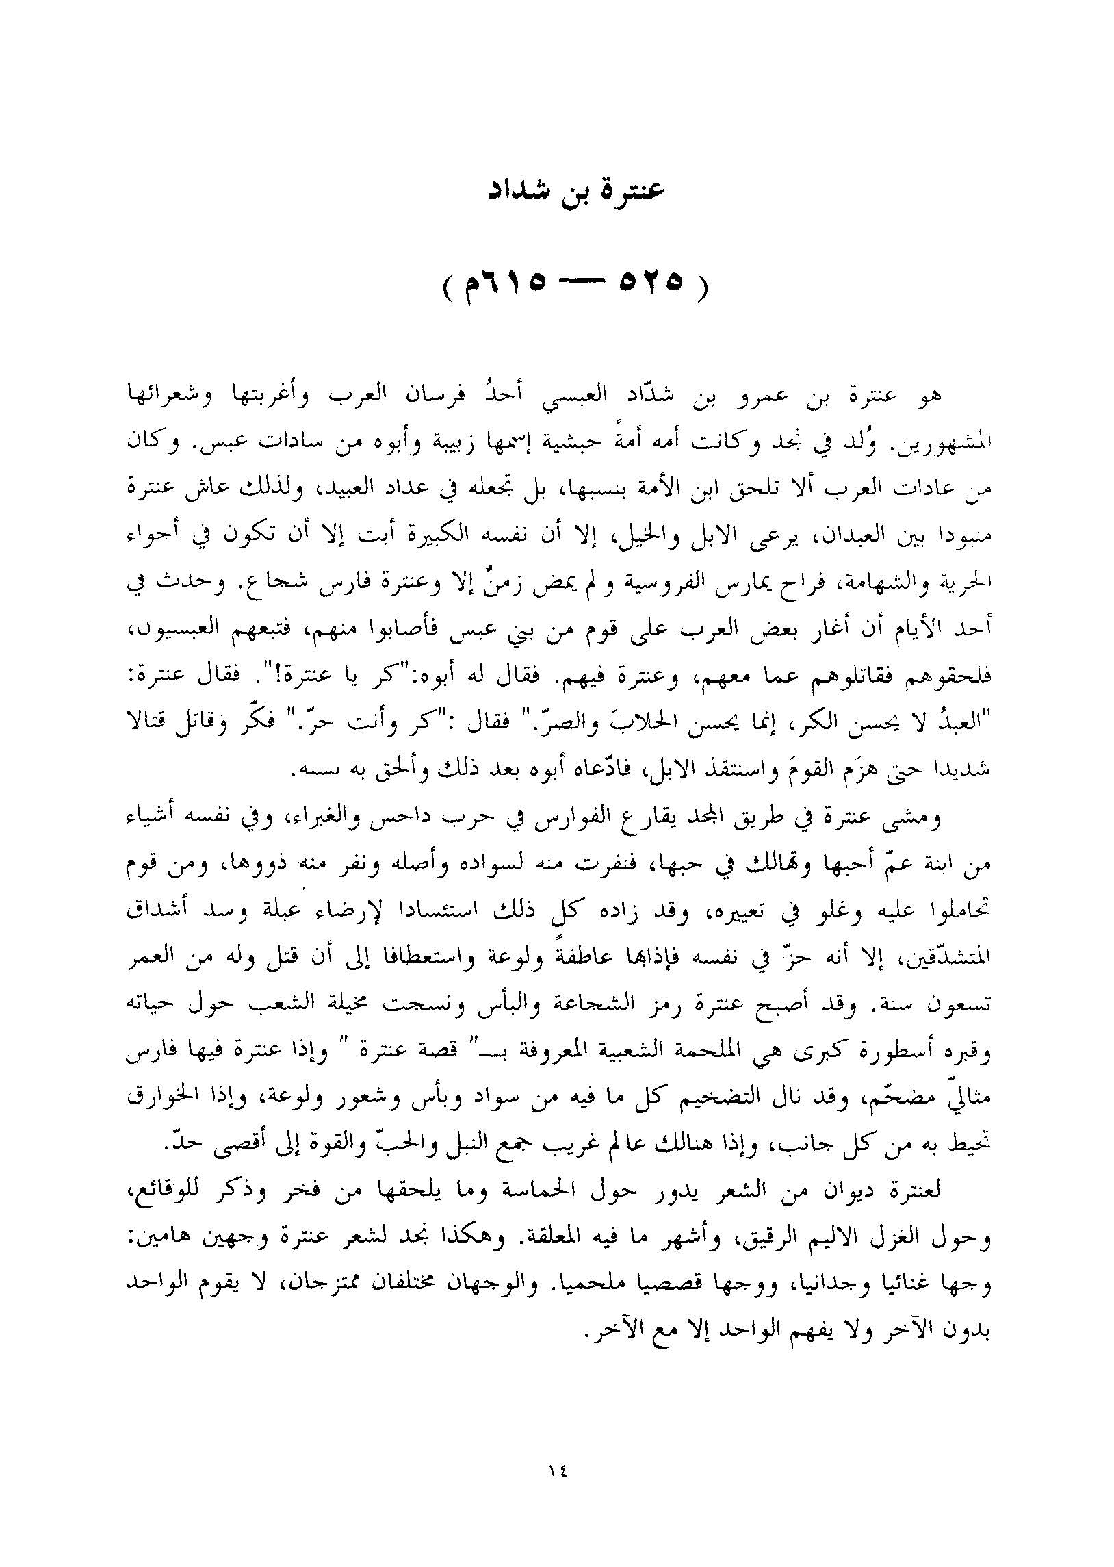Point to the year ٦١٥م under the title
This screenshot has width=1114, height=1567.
pyautogui.click(x=500, y=283)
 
